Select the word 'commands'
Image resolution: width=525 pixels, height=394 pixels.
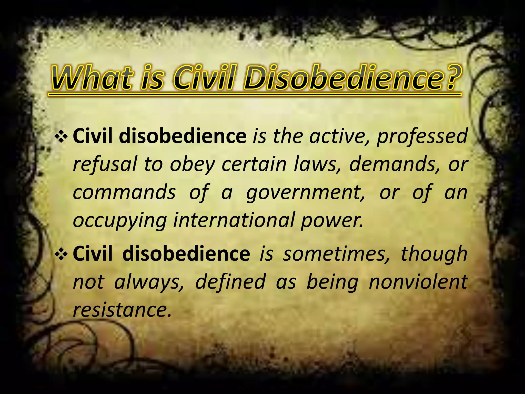(x=124, y=192)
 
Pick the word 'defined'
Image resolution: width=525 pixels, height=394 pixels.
(x=230, y=282)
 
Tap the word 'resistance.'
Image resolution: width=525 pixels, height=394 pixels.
(x=122, y=310)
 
